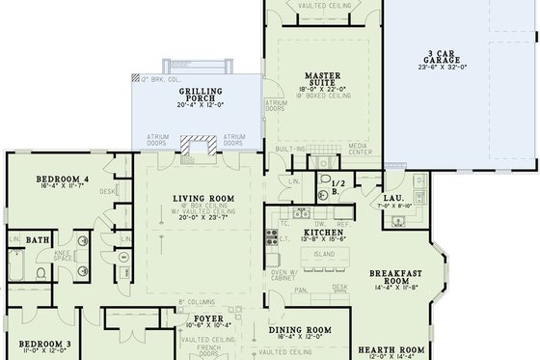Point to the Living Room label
[x=198, y=199]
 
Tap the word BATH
[x=39, y=240]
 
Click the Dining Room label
[x=299, y=329]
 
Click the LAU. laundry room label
[x=395, y=197]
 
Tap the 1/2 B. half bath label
[x=337, y=186]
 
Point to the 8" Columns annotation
[x=196, y=302]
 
